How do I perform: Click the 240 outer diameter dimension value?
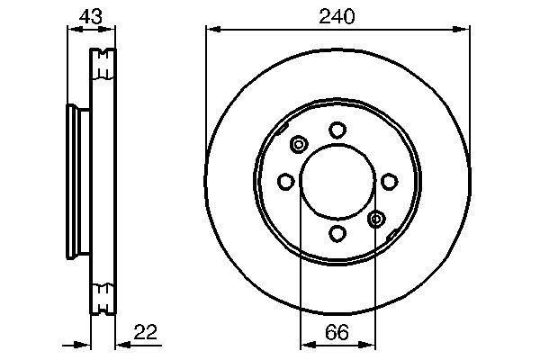point(337,15)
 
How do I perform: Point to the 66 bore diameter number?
point(337,332)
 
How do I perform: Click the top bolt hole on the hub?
point(337,130)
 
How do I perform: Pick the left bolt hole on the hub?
point(285,182)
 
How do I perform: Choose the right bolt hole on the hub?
point(389,182)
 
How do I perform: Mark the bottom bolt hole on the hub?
point(337,234)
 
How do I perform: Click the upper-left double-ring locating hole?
point(299,143)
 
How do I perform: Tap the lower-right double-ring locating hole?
point(376,219)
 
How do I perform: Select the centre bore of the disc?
point(337,182)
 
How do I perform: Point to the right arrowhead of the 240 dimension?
point(464,30)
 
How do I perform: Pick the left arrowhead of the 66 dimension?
point(305,344)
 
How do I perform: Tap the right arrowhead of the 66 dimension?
point(371,344)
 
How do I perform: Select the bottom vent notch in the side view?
point(104,292)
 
